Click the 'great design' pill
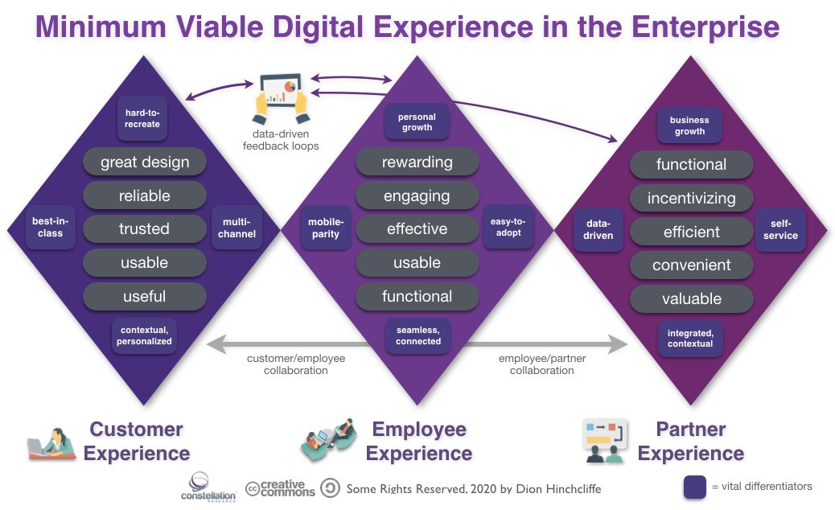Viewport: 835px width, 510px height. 145,162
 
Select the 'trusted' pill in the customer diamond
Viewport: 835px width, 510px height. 145,229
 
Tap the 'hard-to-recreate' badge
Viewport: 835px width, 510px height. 142,118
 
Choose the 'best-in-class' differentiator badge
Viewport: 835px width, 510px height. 47,228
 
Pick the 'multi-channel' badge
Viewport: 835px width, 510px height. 237,228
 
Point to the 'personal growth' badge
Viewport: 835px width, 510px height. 417,122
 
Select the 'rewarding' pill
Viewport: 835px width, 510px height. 417,162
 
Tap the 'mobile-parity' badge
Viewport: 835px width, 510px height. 326,228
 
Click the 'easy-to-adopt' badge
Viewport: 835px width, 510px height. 507,228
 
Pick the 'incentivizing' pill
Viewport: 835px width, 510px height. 691,198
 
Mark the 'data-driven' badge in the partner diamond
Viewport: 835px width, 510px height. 598,230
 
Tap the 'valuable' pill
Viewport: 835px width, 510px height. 691,299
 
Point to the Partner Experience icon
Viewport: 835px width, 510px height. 603,440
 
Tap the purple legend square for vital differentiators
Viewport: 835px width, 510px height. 694,487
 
